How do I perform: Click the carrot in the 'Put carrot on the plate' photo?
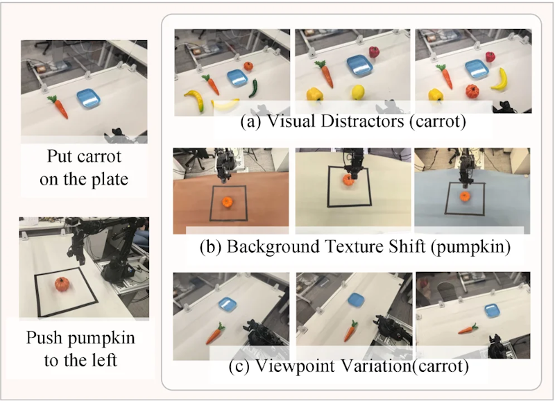[x=58, y=106]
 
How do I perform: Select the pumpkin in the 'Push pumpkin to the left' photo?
[x=62, y=284]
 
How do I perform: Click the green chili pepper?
[x=253, y=88]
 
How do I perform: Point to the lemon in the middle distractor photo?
[x=358, y=92]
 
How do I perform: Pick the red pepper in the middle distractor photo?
[x=374, y=52]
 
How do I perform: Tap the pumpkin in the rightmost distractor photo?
[x=472, y=92]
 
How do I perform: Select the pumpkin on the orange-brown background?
[x=227, y=202]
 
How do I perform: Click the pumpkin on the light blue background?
[x=464, y=196]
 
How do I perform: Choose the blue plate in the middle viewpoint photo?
[x=356, y=300]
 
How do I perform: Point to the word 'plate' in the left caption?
[x=110, y=179]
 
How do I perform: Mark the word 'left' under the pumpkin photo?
[x=104, y=360]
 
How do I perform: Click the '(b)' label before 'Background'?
[x=211, y=246]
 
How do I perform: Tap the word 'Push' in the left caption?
[x=44, y=338]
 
